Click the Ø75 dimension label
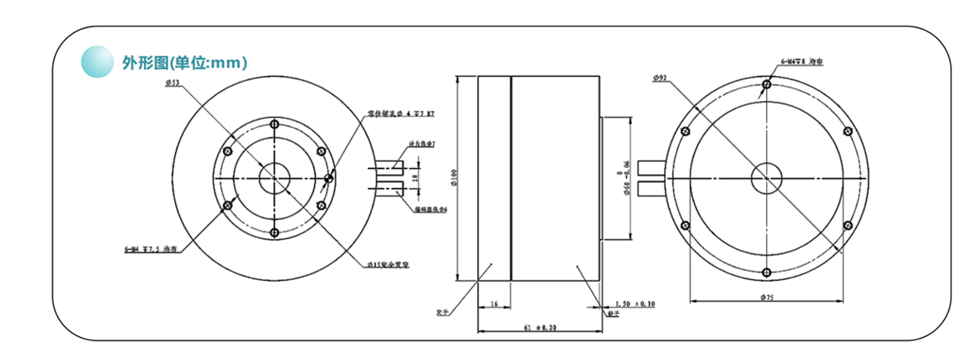[x=767, y=297]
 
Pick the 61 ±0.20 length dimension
[x=537, y=328]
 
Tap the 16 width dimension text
[x=494, y=304]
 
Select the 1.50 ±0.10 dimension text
[x=634, y=305]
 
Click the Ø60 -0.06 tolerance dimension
[x=626, y=178]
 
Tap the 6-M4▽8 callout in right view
[x=801, y=63]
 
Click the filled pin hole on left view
[x=328, y=178]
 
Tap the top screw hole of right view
[x=766, y=84]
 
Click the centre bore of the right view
[x=766, y=178]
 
